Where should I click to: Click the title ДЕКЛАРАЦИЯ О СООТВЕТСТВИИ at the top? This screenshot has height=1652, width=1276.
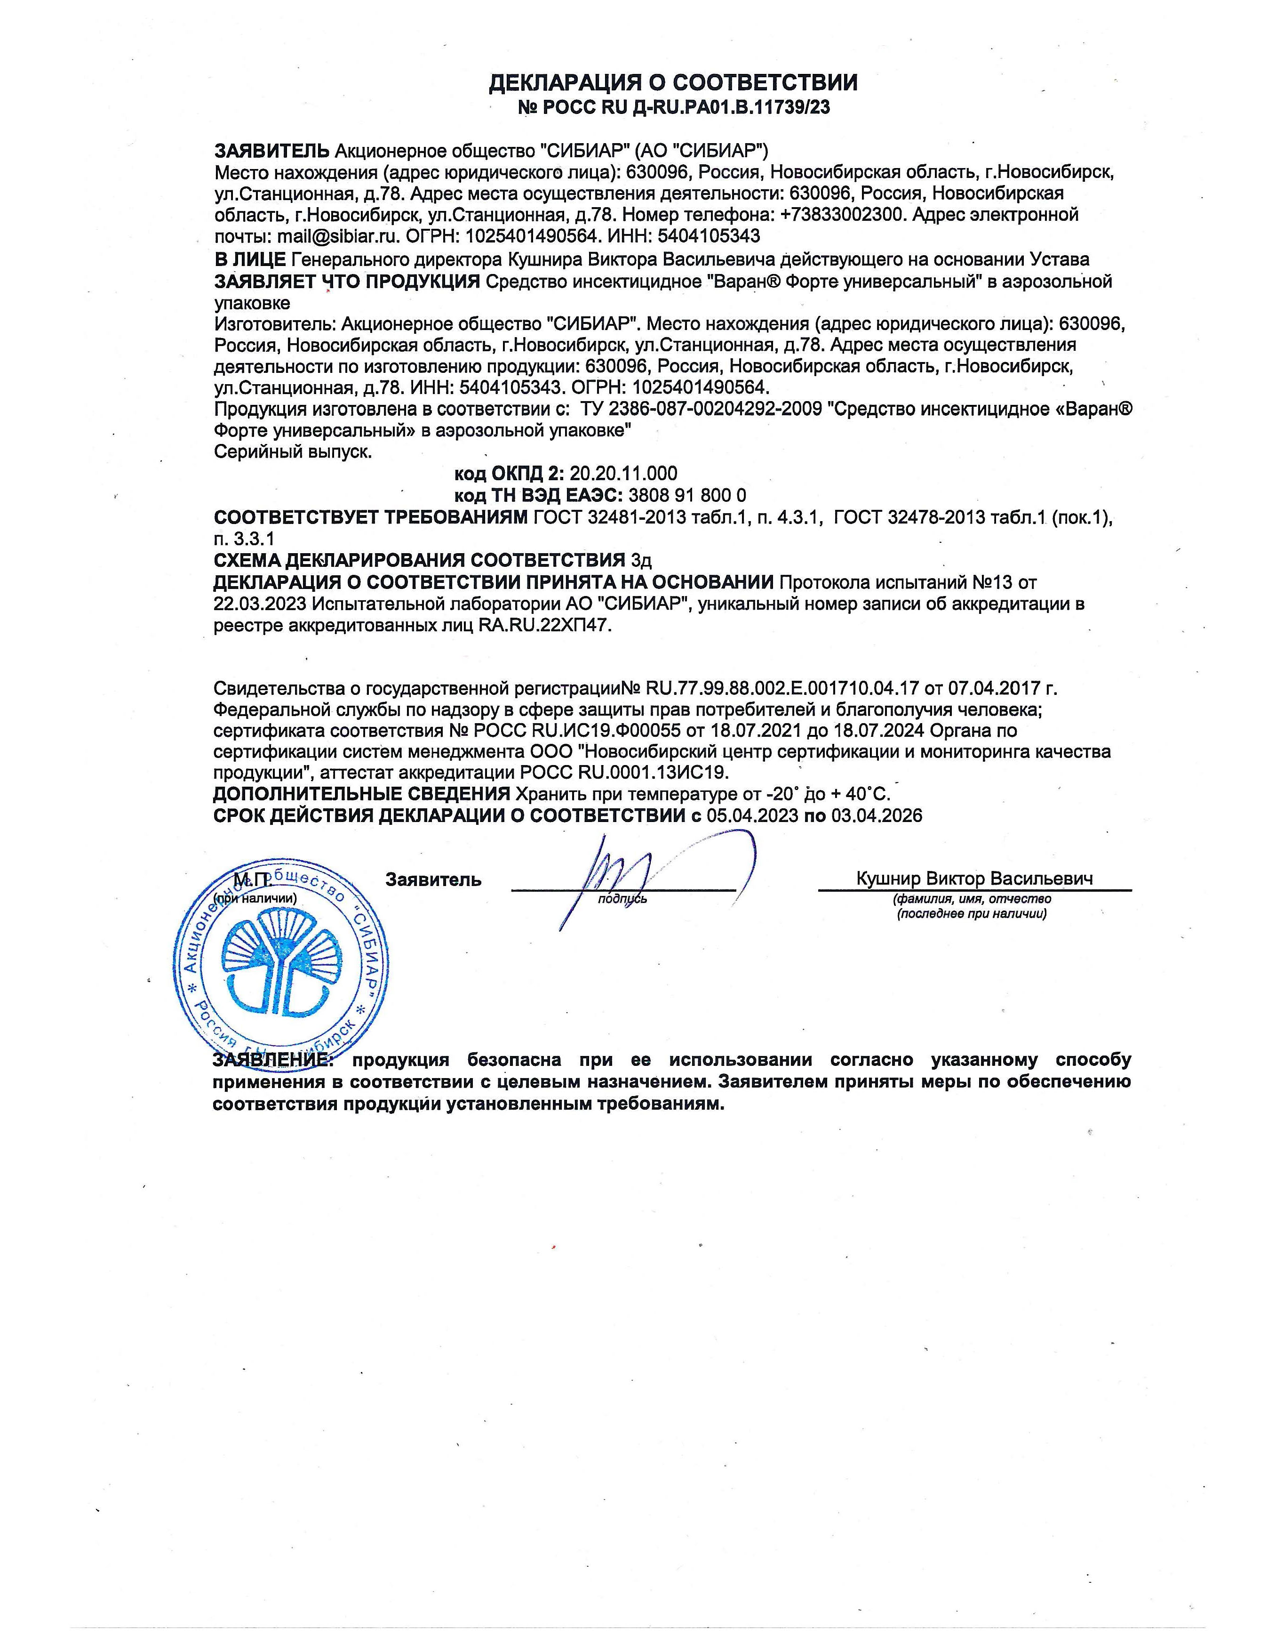tap(673, 82)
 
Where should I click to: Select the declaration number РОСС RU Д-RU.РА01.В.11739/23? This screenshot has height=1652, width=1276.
tap(684, 107)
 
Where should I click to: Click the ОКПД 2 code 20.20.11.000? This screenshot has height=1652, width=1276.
tap(623, 474)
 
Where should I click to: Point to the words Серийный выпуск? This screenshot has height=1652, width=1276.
tap(293, 452)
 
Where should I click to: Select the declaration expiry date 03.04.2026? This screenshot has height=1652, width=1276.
tap(877, 815)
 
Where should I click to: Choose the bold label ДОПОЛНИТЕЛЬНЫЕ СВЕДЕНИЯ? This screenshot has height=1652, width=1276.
tap(361, 794)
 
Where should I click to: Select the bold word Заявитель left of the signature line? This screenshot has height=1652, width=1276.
tap(433, 880)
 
